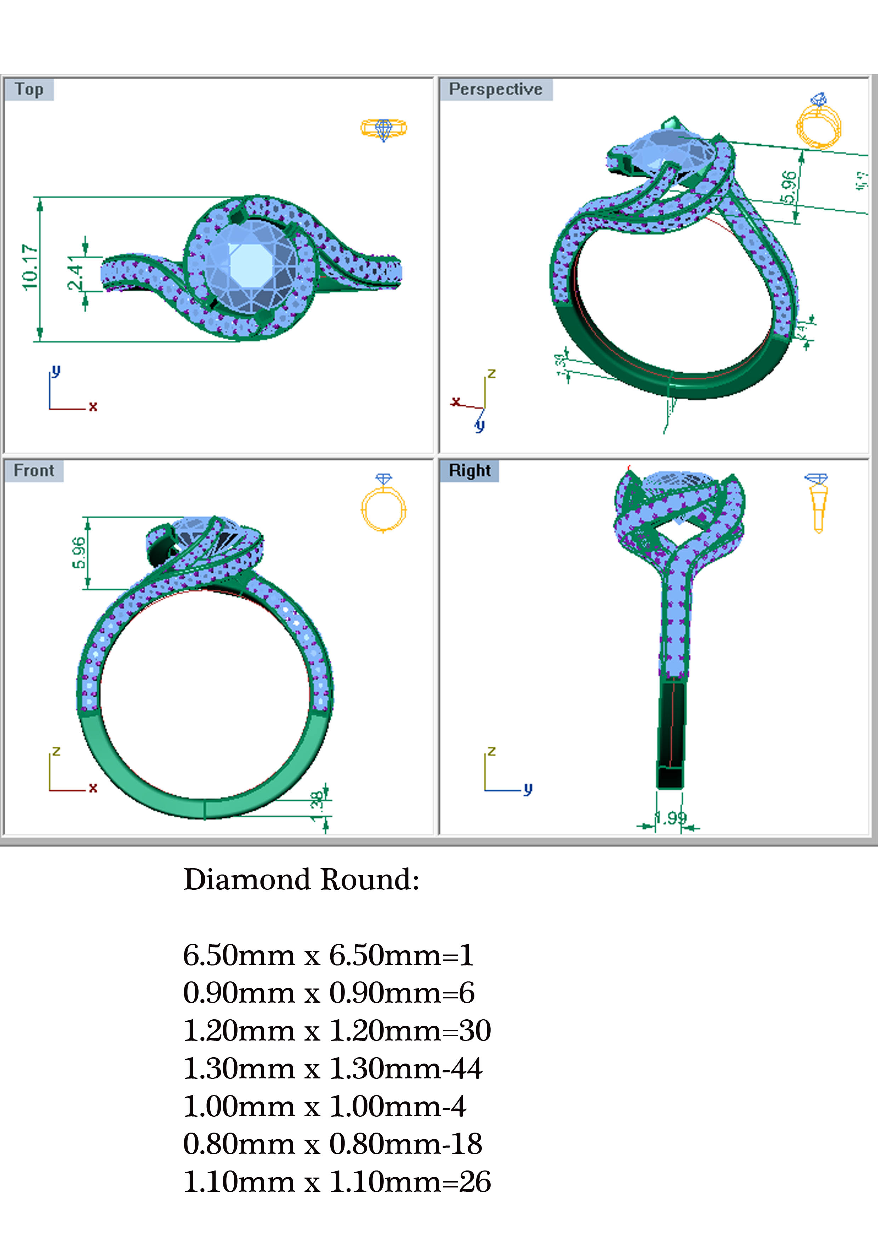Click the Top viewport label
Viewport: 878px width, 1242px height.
coord(29,89)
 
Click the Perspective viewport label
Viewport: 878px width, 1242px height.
coord(495,89)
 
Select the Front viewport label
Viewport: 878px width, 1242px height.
coord(34,471)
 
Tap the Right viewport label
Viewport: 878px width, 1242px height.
coord(469,471)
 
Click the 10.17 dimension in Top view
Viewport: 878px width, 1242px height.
coord(30,267)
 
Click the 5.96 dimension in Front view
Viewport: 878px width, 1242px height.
coord(79,552)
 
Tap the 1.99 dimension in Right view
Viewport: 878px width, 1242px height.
coord(671,817)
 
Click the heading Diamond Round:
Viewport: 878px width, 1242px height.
coord(301,879)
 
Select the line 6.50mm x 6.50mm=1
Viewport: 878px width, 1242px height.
coord(328,955)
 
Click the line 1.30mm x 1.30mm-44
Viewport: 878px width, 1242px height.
coord(332,1069)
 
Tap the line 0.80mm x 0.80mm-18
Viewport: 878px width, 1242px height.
coord(332,1145)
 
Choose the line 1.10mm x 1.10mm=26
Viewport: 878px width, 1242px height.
coord(336,1183)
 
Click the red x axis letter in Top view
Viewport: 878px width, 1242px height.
coord(93,407)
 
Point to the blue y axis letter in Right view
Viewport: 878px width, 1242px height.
coord(528,789)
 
